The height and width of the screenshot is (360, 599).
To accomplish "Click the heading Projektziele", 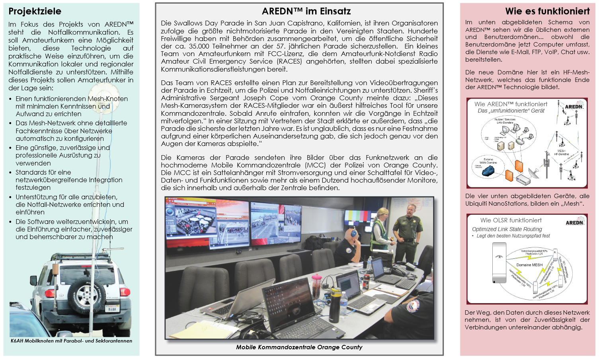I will coord(35,11).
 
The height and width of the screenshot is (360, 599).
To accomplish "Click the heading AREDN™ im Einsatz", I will coord(306,11).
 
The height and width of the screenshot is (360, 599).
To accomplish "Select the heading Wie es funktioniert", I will coord(547,11).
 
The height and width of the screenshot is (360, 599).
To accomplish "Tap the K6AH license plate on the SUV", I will coord(112,309).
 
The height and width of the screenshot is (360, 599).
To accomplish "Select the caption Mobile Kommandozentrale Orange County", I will coord(299,347).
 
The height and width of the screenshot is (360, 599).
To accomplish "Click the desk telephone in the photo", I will coord(398,270).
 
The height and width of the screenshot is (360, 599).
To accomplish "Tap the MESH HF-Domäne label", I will coord(561,152).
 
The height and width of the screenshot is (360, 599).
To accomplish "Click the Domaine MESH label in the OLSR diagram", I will coord(529,265).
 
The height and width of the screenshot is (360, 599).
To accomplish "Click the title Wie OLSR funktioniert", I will coord(511,220).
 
